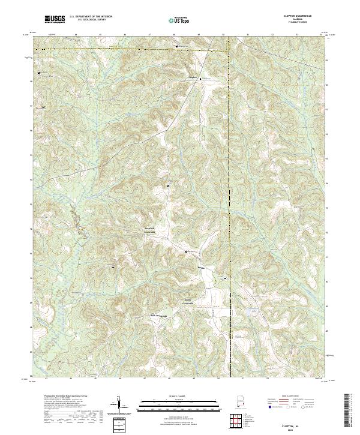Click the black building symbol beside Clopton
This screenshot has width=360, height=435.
pos(201,77)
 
